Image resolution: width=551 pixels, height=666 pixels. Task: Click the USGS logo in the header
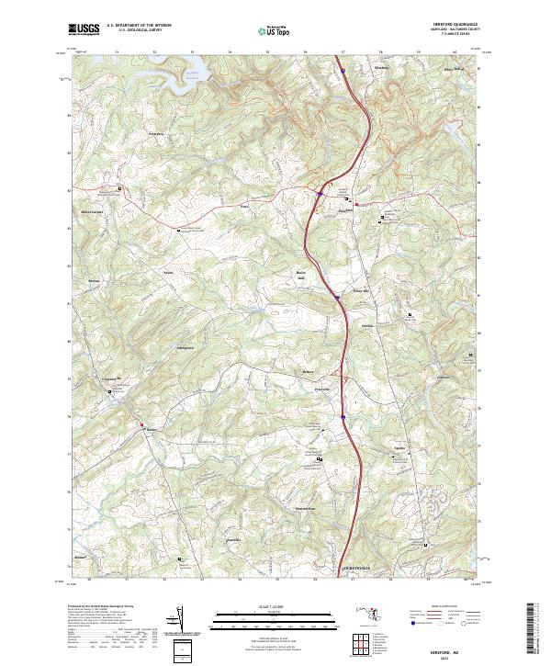click(84, 29)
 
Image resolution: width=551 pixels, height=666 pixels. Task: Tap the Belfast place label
click(309, 372)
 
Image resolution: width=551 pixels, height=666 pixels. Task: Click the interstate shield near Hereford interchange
click(318, 193)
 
